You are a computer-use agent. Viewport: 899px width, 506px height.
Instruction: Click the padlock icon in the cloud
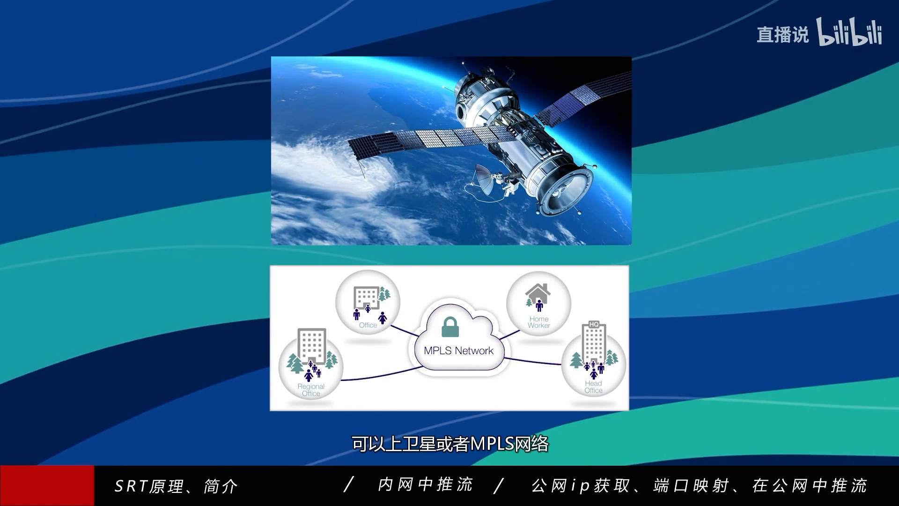[450, 327]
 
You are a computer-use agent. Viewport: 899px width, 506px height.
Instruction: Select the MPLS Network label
[458, 351]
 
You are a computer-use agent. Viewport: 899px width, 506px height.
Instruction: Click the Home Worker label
[539, 322]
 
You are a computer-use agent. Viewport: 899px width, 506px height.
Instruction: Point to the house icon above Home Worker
[538, 293]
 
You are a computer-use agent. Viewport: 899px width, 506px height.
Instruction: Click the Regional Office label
[311, 390]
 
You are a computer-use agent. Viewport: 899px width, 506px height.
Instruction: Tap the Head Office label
[593, 387]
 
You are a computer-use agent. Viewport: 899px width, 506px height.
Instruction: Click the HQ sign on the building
[594, 324]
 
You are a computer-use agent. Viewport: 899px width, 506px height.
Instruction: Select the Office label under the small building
[368, 325]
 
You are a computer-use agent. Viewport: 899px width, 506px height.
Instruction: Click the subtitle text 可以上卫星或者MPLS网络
[449, 444]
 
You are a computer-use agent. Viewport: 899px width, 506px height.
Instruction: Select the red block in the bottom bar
[47, 485]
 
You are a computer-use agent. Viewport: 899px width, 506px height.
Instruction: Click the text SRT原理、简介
[176, 486]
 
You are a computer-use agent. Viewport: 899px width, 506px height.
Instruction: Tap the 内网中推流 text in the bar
[425, 485]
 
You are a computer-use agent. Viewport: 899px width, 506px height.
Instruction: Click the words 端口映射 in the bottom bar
[691, 486]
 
